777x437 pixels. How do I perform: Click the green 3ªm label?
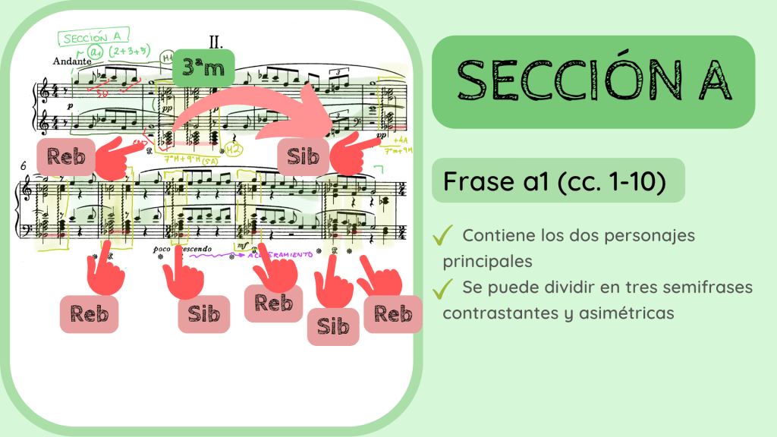coord(204,68)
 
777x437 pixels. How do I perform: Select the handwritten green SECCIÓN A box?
coord(95,38)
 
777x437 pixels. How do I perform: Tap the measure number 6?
coord(24,165)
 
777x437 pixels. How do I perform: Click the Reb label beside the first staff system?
coord(65,158)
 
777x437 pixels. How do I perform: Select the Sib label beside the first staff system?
coord(302,157)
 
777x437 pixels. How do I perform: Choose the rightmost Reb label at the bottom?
coord(393,313)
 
